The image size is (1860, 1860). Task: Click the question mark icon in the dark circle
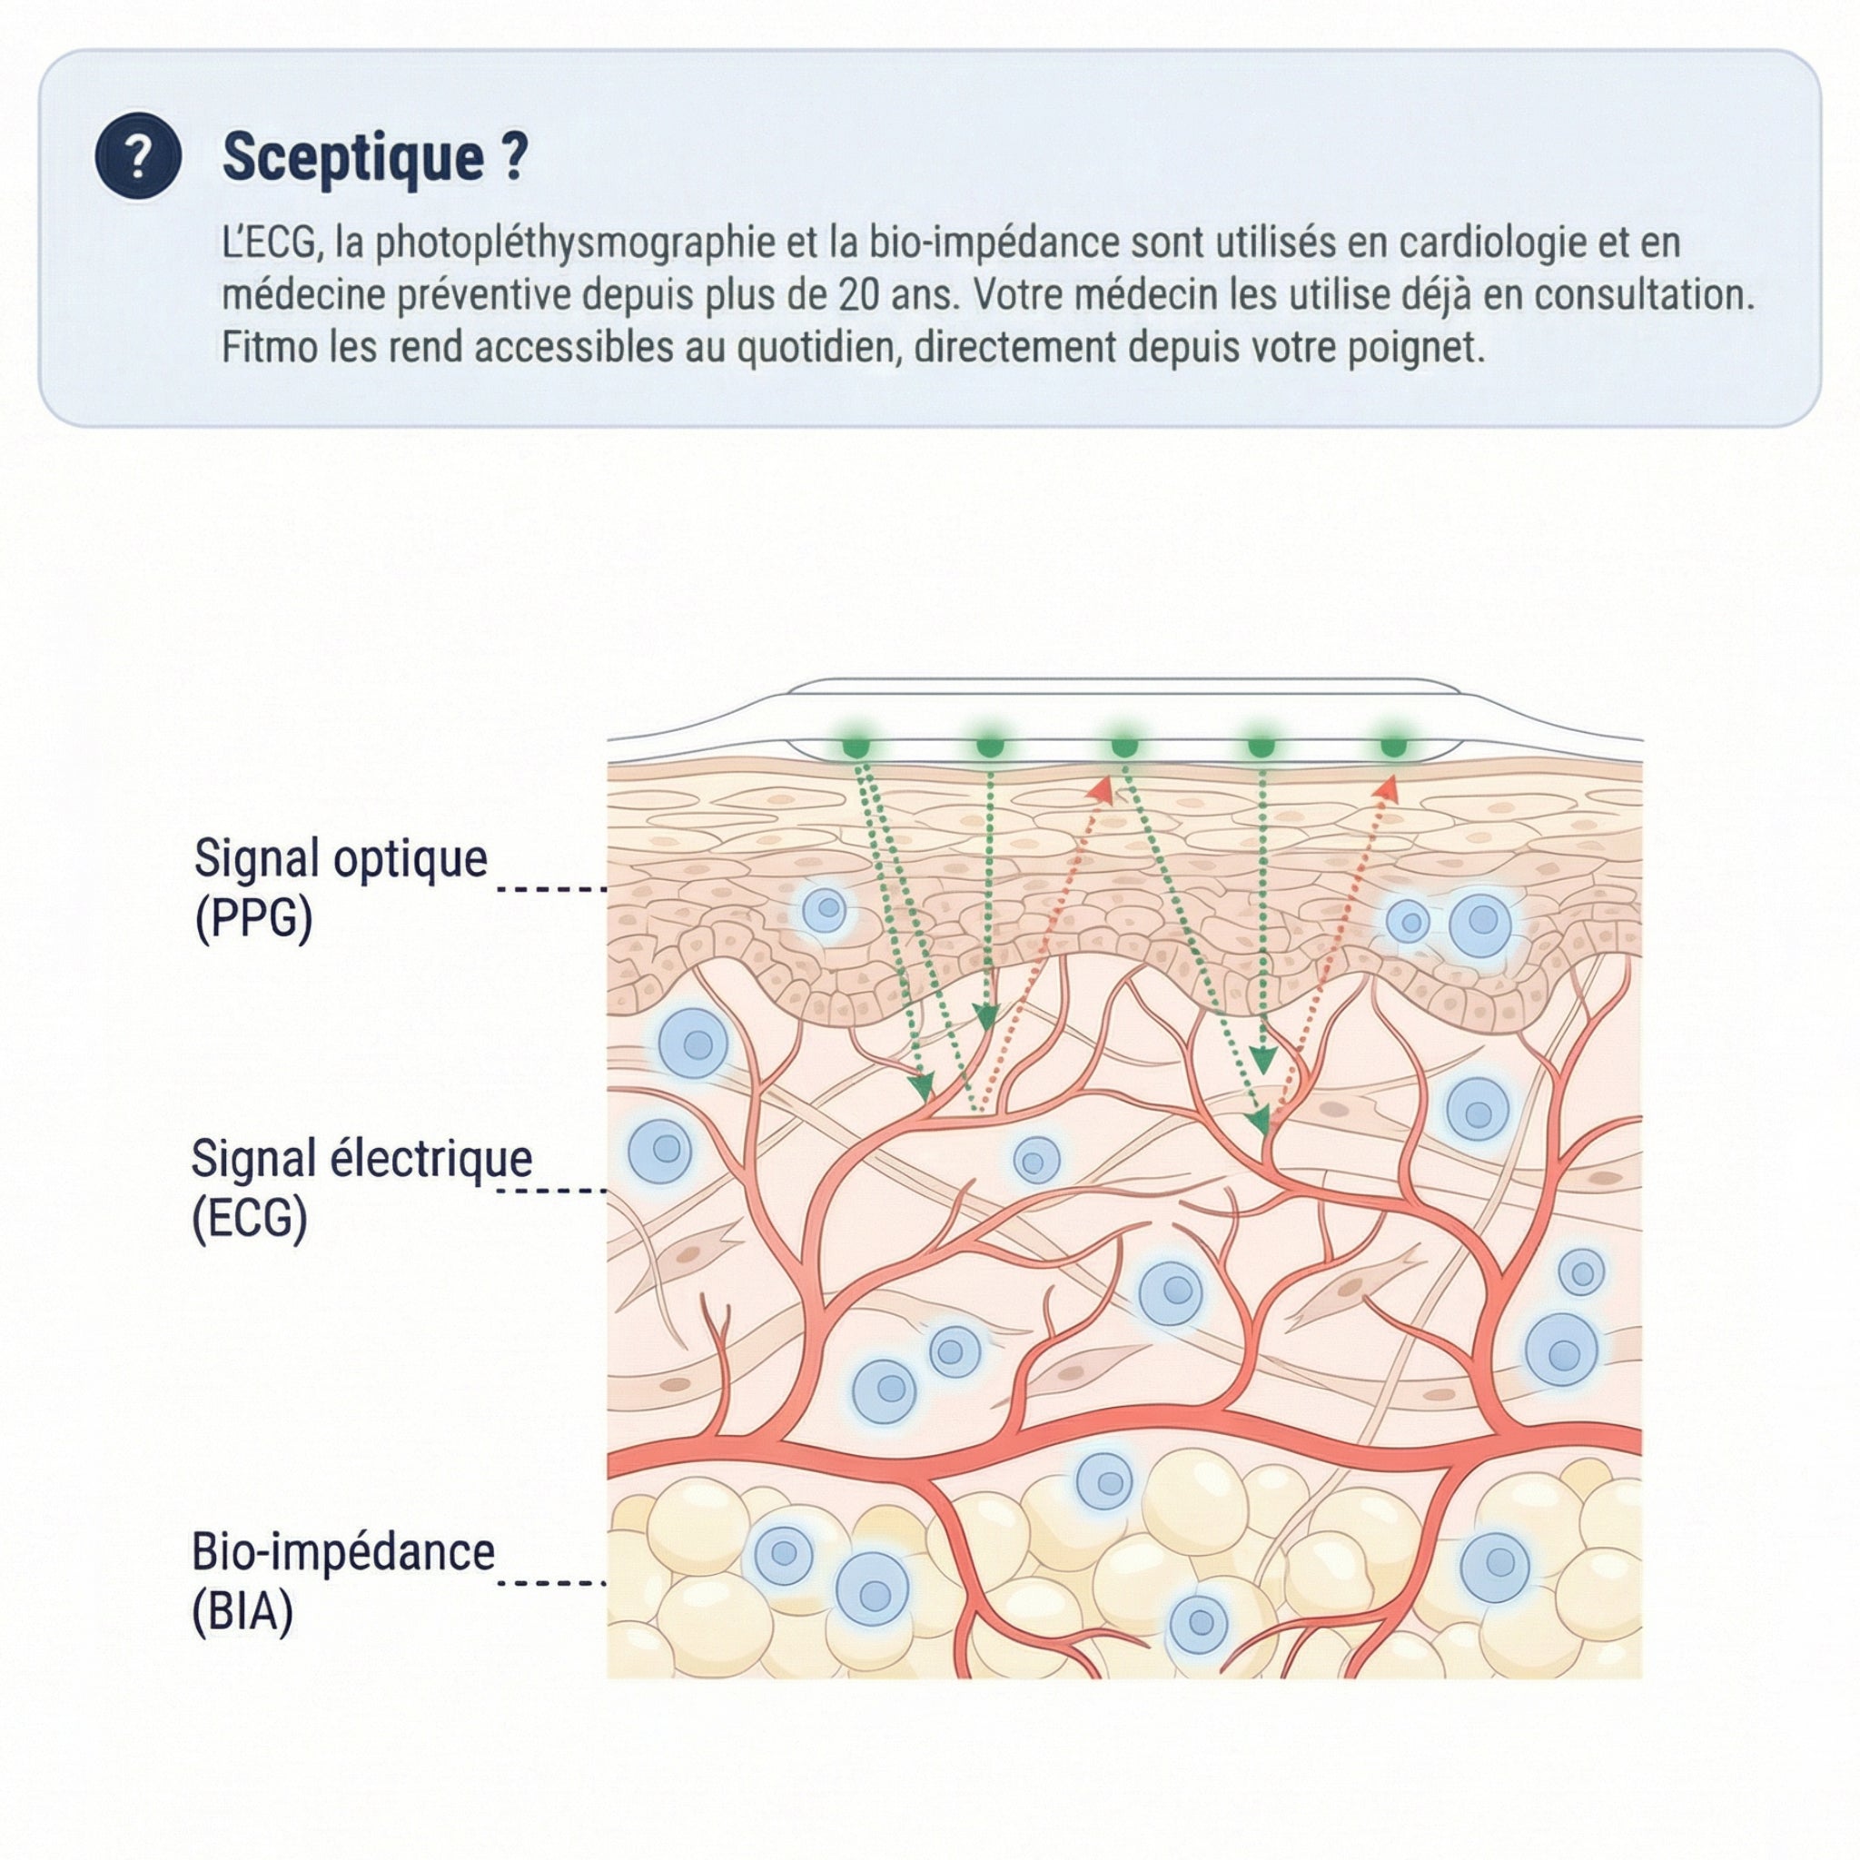(x=139, y=156)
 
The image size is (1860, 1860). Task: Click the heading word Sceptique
(x=353, y=156)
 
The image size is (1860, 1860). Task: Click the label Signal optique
(x=341, y=859)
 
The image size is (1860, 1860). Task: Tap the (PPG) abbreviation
(x=254, y=918)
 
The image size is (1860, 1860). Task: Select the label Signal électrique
(x=361, y=1158)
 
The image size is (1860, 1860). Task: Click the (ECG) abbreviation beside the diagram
(x=251, y=1219)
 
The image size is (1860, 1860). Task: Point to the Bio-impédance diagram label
(x=342, y=1551)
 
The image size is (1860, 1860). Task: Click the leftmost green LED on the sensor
(x=856, y=747)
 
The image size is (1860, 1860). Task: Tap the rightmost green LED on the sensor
(x=1393, y=747)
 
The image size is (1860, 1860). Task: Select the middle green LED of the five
(x=1124, y=747)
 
